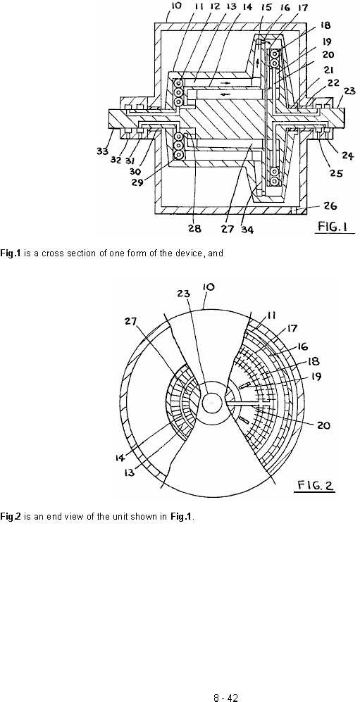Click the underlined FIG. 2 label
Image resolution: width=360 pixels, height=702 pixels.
pos(316,485)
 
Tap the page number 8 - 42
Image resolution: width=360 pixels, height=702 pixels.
pos(225,698)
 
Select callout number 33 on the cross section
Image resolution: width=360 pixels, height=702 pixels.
pos(103,151)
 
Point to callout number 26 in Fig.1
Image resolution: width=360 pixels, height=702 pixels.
pos(329,206)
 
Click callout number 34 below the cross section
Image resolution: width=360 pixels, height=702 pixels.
pos(247,230)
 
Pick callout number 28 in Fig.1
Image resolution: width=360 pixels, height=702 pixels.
pos(194,229)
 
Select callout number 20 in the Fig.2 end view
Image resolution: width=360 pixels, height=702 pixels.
pos(323,425)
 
